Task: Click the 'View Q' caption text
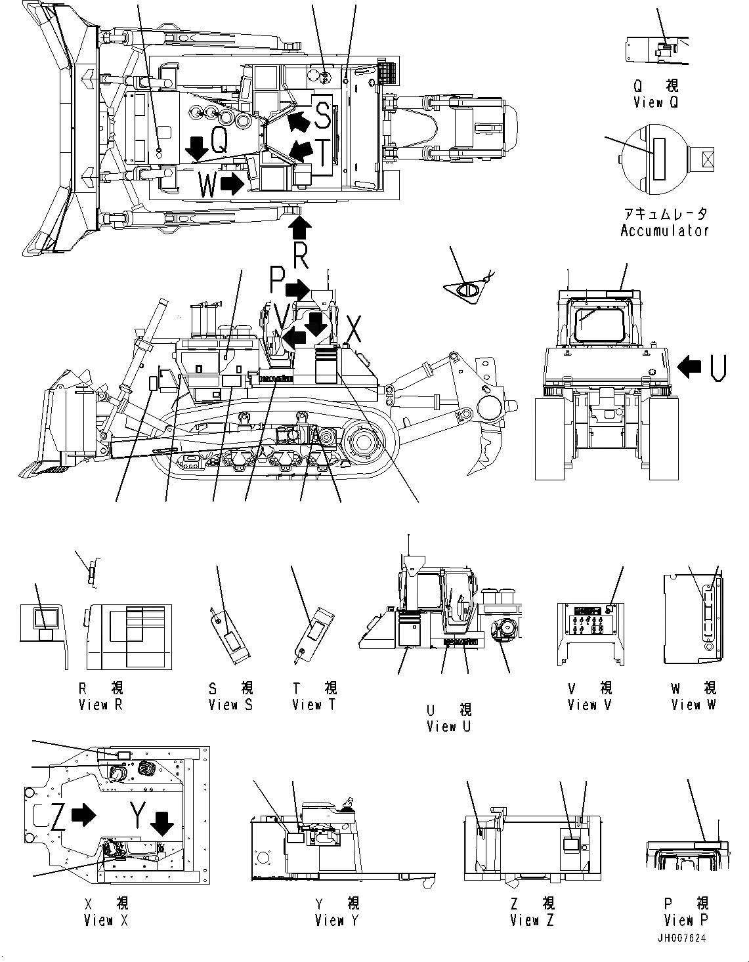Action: tap(655, 102)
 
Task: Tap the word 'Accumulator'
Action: tap(664, 230)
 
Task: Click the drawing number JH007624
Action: tap(683, 938)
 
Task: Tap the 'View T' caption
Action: tap(314, 705)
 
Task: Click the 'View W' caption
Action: tap(693, 705)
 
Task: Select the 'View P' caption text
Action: tap(686, 919)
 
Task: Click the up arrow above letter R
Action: tap(300, 229)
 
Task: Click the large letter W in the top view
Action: tap(207, 186)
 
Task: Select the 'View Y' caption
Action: tap(337, 920)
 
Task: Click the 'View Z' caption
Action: tap(531, 920)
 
